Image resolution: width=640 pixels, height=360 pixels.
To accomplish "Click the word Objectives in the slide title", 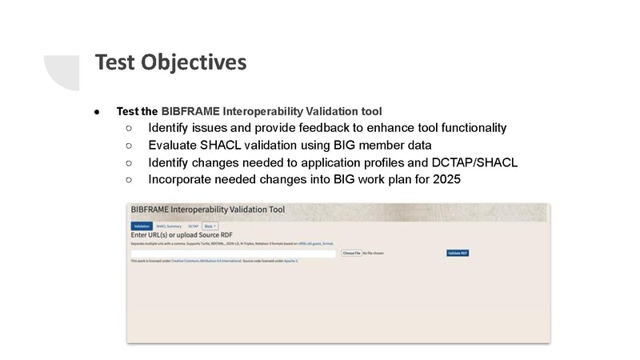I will click(x=191, y=62).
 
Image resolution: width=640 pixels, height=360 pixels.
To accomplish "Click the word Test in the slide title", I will click(x=114, y=62).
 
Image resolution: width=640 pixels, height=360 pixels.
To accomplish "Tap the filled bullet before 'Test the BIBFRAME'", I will click(x=94, y=110).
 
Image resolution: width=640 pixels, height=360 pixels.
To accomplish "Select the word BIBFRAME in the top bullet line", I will click(x=194, y=110).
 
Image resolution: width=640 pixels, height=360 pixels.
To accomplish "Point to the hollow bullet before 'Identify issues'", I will click(x=129, y=128).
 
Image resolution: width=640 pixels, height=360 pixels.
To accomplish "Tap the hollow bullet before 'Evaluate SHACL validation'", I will click(x=129, y=145).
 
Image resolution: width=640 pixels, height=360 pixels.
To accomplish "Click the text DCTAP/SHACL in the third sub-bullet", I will click(x=478, y=162).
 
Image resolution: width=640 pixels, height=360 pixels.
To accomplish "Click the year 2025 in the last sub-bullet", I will click(x=445, y=179).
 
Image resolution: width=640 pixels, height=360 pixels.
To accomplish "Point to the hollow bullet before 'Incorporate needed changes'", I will click(x=129, y=179).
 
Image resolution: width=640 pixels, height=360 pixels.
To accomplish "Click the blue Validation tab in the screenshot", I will click(x=142, y=226).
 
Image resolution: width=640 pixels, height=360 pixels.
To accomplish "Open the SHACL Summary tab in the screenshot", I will click(x=169, y=226).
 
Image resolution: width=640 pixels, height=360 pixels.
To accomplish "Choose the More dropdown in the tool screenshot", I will click(x=210, y=226).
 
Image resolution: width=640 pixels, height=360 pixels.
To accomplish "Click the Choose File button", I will click(x=351, y=253).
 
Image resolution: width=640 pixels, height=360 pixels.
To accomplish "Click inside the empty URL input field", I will click(x=232, y=253).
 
